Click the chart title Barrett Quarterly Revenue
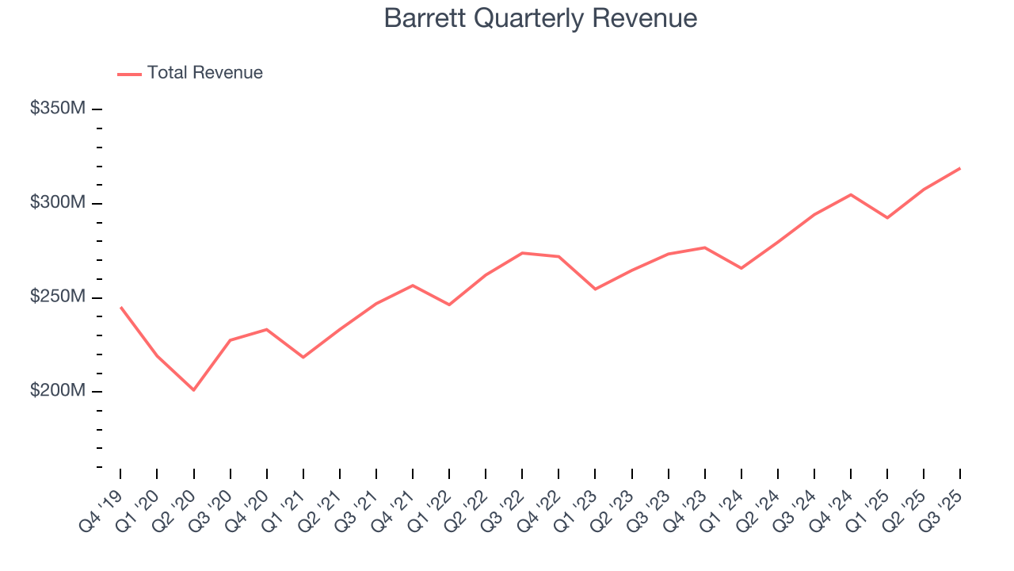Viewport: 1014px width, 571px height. coord(540,18)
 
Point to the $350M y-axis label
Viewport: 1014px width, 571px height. coord(57,109)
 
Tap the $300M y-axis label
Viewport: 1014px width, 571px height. coord(57,203)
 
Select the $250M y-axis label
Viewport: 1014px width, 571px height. coord(57,297)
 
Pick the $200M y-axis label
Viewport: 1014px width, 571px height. coord(57,391)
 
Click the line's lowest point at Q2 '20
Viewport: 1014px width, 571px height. coord(193,390)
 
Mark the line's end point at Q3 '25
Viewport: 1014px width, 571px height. coord(960,168)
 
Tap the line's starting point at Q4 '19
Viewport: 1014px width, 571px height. coord(120,307)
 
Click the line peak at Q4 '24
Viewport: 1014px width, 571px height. coord(851,194)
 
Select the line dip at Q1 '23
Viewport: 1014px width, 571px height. coord(595,289)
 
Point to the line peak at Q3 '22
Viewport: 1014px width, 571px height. coord(522,253)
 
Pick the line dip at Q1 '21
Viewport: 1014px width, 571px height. coord(303,358)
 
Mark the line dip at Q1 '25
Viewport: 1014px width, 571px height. coord(887,218)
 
